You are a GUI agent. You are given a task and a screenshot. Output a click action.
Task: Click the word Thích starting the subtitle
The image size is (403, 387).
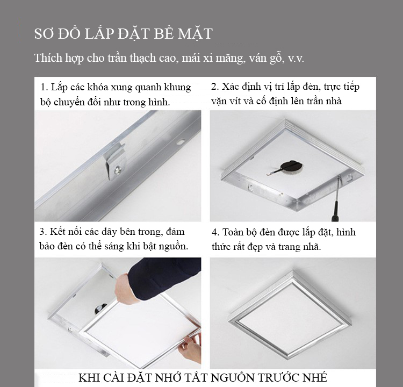[x=48, y=58]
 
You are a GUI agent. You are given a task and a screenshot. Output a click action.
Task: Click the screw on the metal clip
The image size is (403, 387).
[x=118, y=169]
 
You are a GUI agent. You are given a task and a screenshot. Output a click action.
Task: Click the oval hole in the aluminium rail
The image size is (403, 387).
[x=181, y=141]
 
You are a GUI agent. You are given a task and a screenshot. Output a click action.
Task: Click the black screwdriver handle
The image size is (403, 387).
[x=335, y=212]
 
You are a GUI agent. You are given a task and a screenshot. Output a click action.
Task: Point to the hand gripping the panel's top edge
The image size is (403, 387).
[x=125, y=289]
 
